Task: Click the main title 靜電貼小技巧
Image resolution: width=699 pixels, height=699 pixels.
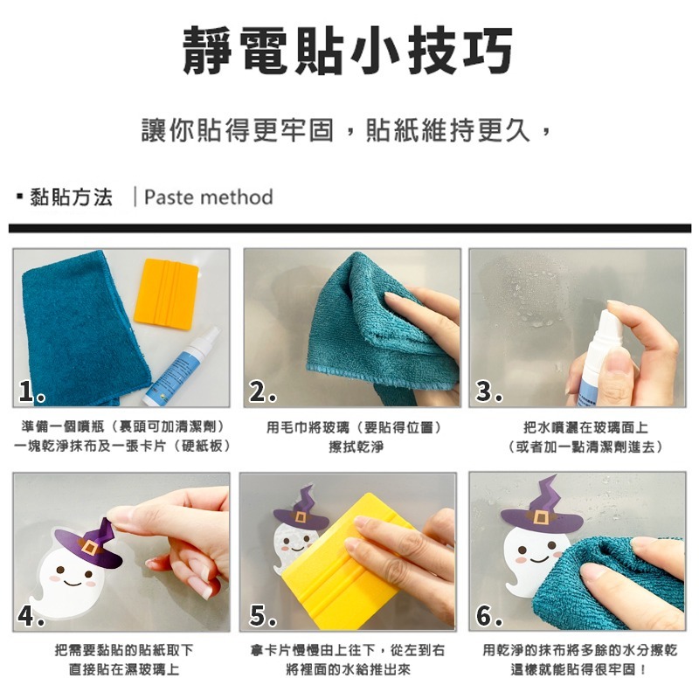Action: [x=347, y=51]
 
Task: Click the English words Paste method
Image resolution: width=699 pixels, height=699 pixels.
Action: [x=208, y=197]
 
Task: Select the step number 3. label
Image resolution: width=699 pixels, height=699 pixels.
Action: [x=489, y=393]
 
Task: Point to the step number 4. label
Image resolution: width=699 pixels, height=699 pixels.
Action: [x=32, y=616]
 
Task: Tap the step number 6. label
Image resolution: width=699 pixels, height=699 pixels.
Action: [x=489, y=616]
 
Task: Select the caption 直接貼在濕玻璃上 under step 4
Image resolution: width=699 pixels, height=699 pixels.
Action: [x=124, y=670]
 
